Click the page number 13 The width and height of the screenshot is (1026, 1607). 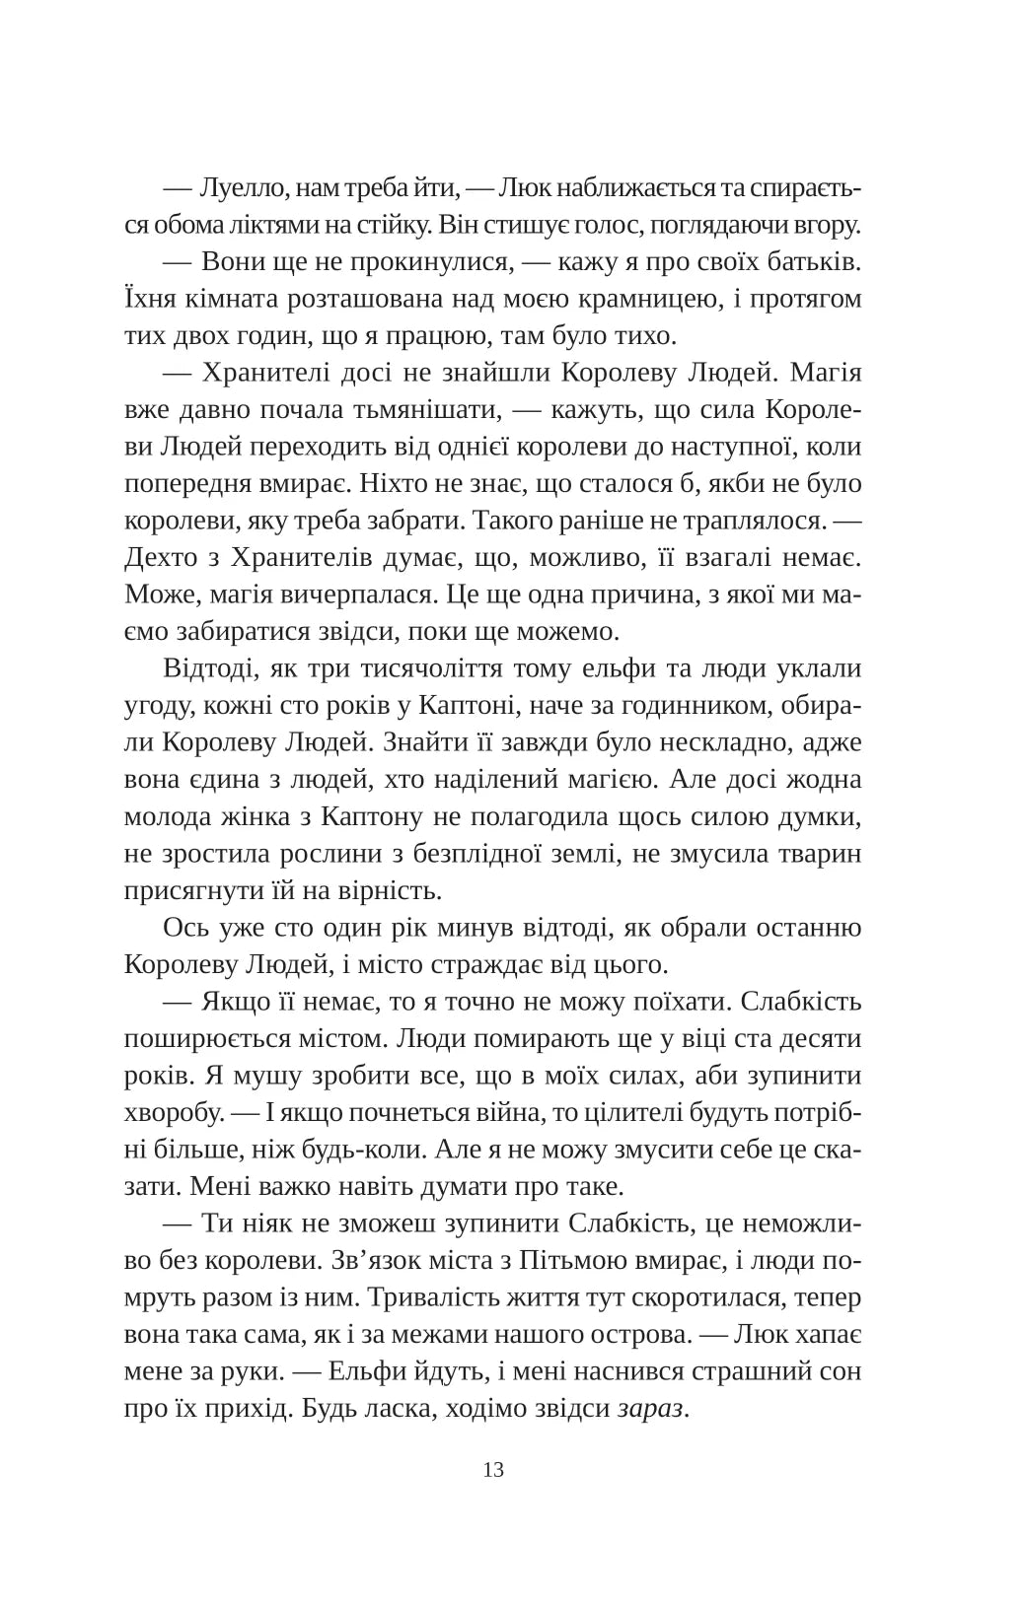pos(493,1469)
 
